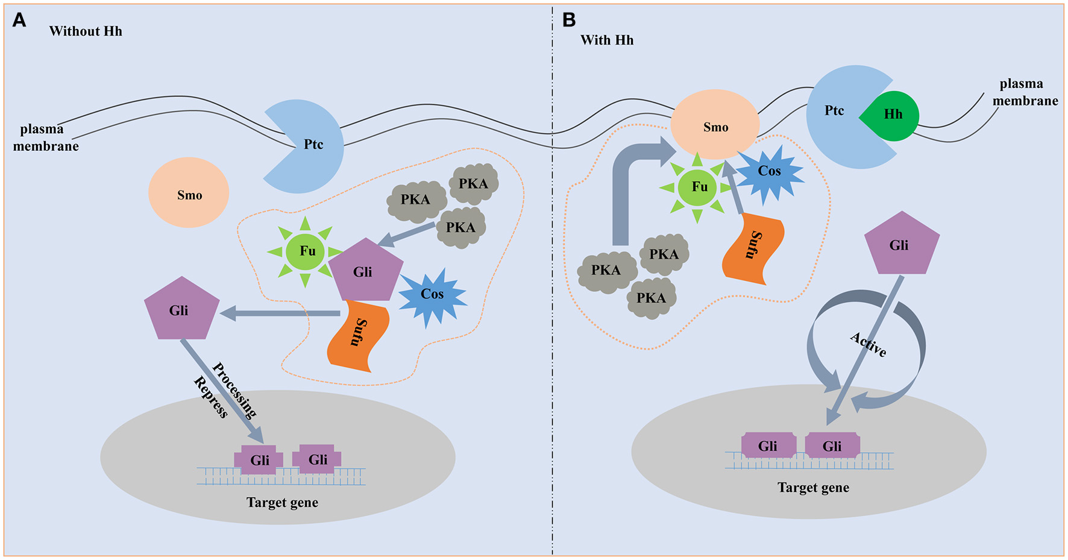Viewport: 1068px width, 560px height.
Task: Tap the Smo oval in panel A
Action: pos(189,193)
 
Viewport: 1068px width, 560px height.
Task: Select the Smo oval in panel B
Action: pos(715,125)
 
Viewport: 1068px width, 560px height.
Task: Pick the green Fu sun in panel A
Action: pos(306,251)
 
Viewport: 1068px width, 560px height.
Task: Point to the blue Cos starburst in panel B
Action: pos(769,172)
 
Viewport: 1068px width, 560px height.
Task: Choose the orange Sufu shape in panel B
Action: pos(753,248)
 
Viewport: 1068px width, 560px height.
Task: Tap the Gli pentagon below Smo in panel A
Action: pos(180,310)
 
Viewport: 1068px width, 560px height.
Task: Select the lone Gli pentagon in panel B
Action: pos(901,244)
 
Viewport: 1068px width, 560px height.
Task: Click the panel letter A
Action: pos(19,21)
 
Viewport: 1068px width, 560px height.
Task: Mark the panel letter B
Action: pos(569,20)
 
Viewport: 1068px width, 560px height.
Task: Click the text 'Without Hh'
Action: pos(86,31)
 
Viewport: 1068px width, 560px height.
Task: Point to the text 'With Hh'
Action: pos(607,40)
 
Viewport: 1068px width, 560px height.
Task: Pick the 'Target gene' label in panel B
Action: pos(813,488)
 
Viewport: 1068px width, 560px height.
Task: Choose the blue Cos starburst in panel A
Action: pos(432,295)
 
